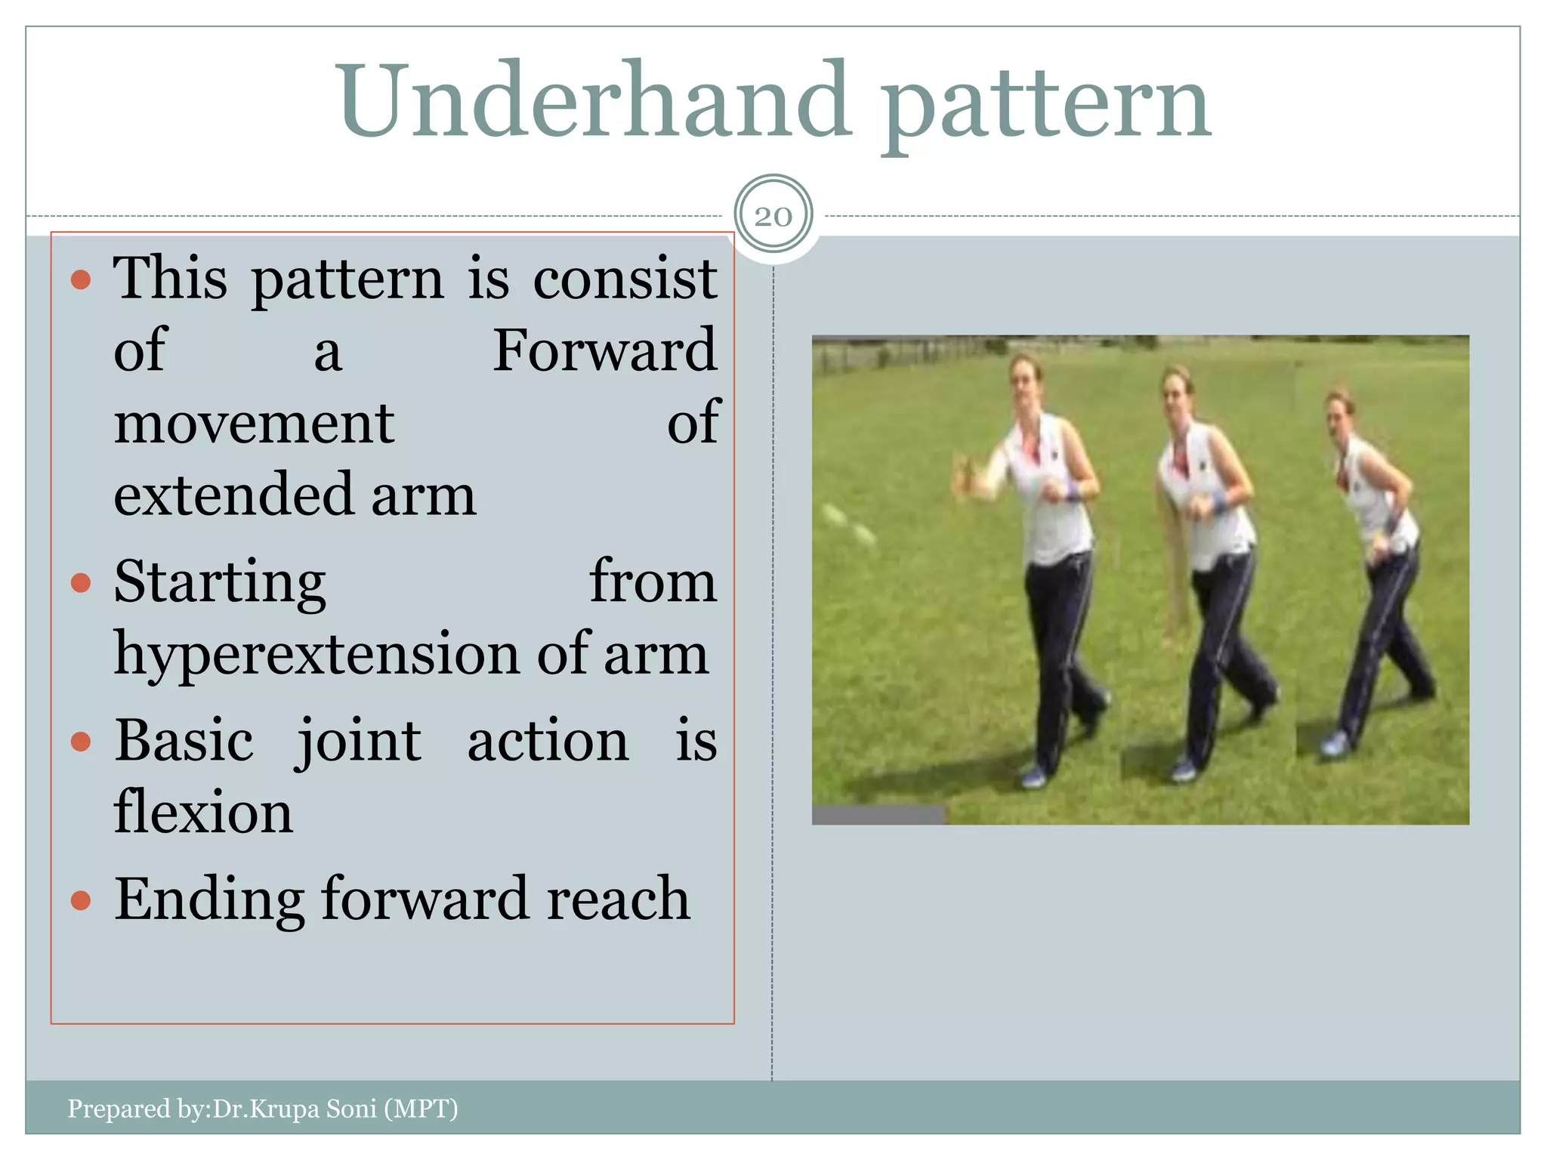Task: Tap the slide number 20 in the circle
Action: (x=773, y=217)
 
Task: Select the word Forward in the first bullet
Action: (x=604, y=350)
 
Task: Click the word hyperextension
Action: (x=317, y=654)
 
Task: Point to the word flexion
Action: (x=202, y=812)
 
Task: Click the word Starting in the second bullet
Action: (x=220, y=583)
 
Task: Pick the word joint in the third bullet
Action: (x=358, y=742)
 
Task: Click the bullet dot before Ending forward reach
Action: (x=81, y=900)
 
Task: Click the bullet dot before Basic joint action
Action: (x=81, y=742)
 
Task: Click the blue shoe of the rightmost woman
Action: (x=1335, y=744)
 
